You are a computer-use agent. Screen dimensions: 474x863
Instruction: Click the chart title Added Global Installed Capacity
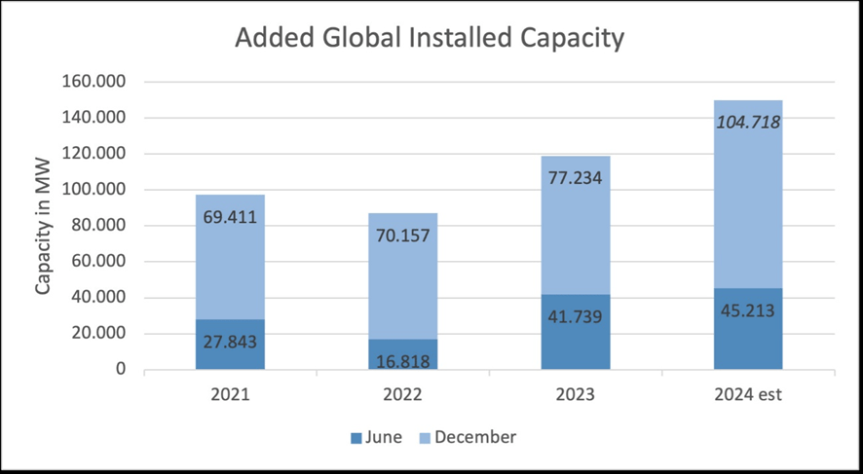pos(429,39)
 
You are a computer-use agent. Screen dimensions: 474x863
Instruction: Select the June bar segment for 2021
pos(230,355)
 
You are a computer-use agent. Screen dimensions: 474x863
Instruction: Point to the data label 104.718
pos(748,123)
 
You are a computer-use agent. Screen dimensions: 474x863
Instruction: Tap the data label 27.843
pos(230,342)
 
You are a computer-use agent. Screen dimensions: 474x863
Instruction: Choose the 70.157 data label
pos(402,235)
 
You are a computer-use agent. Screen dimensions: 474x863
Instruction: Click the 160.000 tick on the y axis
pos(95,82)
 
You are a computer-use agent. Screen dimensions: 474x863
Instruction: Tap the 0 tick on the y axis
pos(121,370)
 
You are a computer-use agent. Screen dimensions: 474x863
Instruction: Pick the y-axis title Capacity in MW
pos(43,225)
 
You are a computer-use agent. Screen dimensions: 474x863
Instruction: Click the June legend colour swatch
pos(356,437)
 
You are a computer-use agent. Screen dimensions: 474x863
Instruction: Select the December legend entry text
pos(475,437)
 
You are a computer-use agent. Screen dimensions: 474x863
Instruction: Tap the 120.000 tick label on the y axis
pos(95,154)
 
